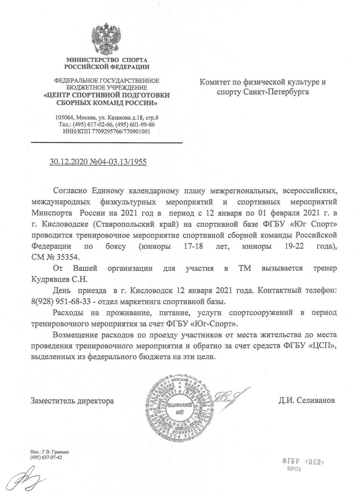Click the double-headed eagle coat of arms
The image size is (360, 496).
click(x=106, y=39)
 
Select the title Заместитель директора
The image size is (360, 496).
click(x=72, y=400)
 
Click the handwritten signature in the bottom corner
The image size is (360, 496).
click(x=24, y=480)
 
